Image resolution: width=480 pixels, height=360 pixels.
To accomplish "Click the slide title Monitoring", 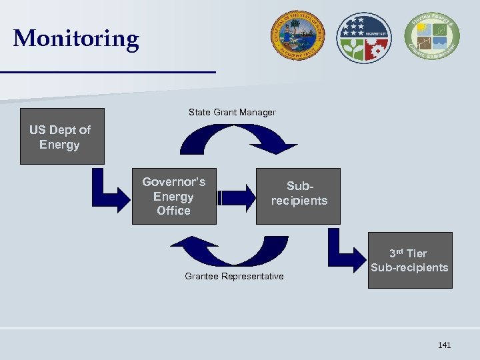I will [76, 38].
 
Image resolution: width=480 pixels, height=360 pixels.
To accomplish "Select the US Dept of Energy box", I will [62, 137].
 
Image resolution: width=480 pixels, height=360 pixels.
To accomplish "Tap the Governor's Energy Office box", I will [173, 196].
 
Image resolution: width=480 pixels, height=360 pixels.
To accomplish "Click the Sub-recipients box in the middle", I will [299, 194].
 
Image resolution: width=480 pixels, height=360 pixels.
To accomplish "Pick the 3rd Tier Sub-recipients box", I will [409, 260].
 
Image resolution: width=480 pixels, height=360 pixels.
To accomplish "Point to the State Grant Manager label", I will [231, 112].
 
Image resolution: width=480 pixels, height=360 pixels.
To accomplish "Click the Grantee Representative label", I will [233, 276].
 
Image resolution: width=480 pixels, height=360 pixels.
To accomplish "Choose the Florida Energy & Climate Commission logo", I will [431, 37].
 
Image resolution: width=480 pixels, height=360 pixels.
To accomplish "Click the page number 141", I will [444, 345].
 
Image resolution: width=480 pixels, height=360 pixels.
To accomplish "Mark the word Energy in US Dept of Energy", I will [59, 145].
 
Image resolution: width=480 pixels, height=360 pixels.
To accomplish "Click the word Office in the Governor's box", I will [173, 211].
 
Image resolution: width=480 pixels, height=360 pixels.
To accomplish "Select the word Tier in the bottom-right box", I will [417, 253].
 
